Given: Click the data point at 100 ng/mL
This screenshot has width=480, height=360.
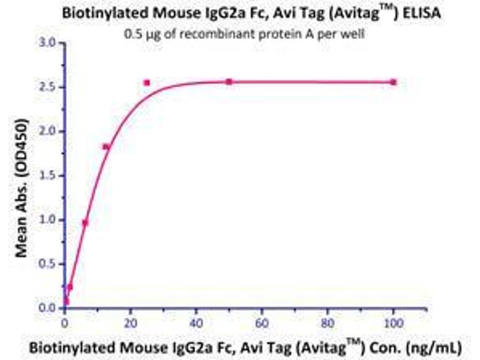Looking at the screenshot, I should (x=394, y=82).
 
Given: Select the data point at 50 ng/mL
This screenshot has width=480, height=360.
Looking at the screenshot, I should (x=229, y=82).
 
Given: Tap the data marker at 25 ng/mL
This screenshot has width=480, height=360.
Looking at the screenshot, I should (x=147, y=82).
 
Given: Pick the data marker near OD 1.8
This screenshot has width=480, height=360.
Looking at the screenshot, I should (x=106, y=146).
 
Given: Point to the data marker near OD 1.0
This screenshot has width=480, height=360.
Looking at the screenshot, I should (x=85, y=223).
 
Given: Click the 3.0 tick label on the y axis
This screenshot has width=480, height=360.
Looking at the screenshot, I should (x=47, y=43).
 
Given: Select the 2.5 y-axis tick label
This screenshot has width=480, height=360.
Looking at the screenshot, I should (x=47, y=88).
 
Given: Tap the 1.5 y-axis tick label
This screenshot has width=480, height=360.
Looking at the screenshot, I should (x=47, y=176).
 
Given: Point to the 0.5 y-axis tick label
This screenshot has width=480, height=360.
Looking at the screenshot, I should (x=47, y=264).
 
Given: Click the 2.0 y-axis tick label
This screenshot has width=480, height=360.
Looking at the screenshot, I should (x=47, y=131).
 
